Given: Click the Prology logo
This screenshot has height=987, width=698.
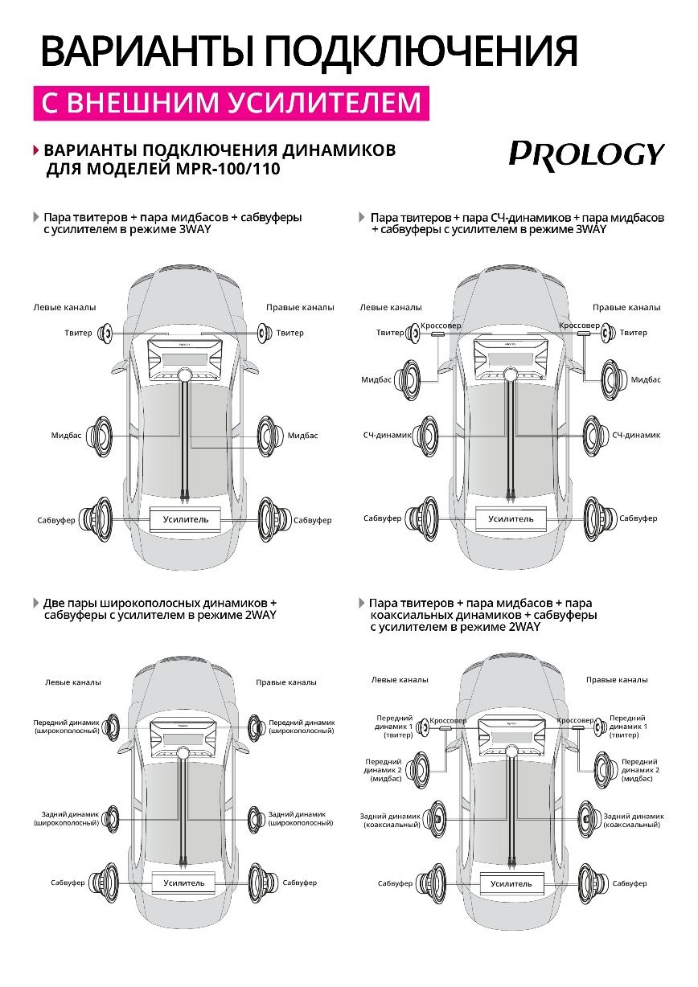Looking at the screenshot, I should [586, 153].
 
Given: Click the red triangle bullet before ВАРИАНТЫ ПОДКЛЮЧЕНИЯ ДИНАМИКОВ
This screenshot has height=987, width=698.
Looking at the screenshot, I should [36, 150].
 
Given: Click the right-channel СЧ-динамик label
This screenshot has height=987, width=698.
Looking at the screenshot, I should [635, 435].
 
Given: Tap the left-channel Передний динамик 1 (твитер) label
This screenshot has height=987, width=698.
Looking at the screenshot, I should [394, 726].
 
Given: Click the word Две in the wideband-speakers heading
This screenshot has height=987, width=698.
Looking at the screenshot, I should [55, 602].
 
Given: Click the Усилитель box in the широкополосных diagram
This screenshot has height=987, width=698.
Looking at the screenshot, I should [184, 883].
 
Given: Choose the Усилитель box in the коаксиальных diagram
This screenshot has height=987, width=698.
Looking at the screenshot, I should [511, 883].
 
